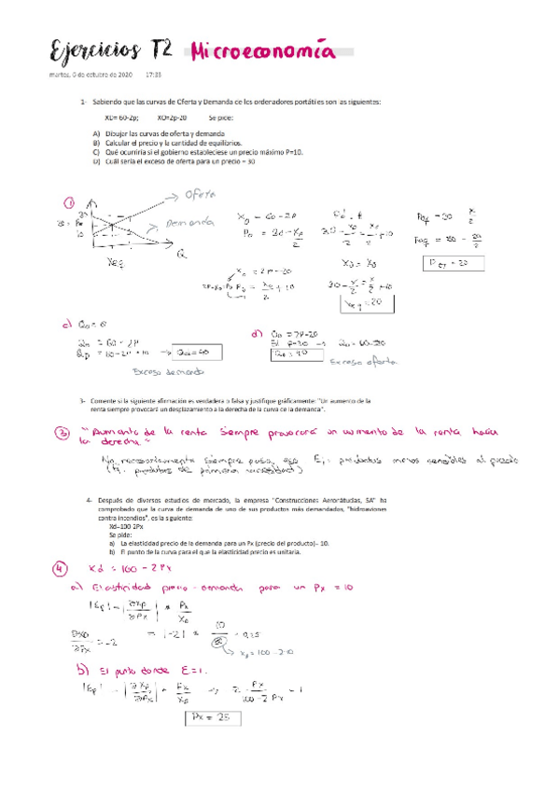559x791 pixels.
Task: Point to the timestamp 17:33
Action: point(155,74)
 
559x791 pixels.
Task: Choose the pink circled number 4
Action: point(61,567)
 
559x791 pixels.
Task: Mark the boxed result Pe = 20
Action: point(454,264)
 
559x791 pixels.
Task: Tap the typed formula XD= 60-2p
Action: point(121,118)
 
